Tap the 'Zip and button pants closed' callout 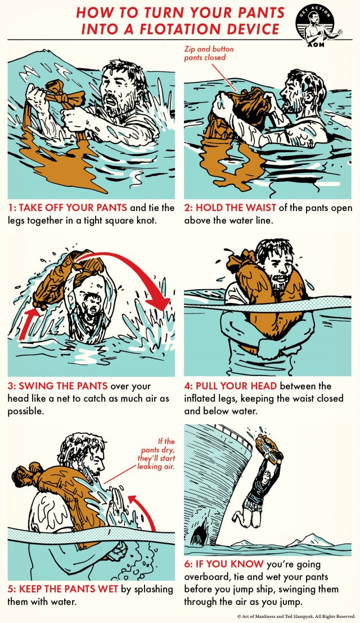(209, 53)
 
